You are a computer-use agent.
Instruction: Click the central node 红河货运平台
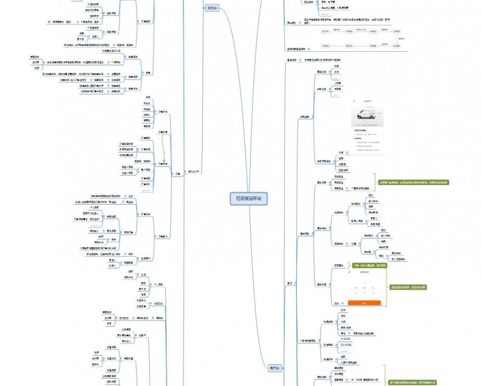(x=249, y=198)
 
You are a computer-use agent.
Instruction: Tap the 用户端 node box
(x=274, y=368)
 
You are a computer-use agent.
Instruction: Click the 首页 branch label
(x=289, y=283)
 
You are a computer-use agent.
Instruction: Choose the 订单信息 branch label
(x=163, y=164)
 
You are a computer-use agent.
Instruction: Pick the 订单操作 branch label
(x=163, y=236)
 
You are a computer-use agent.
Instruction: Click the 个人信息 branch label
(x=159, y=285)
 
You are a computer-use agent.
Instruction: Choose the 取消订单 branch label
(x=129, y=232)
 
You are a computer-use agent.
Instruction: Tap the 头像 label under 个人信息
(x=143, y=275)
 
